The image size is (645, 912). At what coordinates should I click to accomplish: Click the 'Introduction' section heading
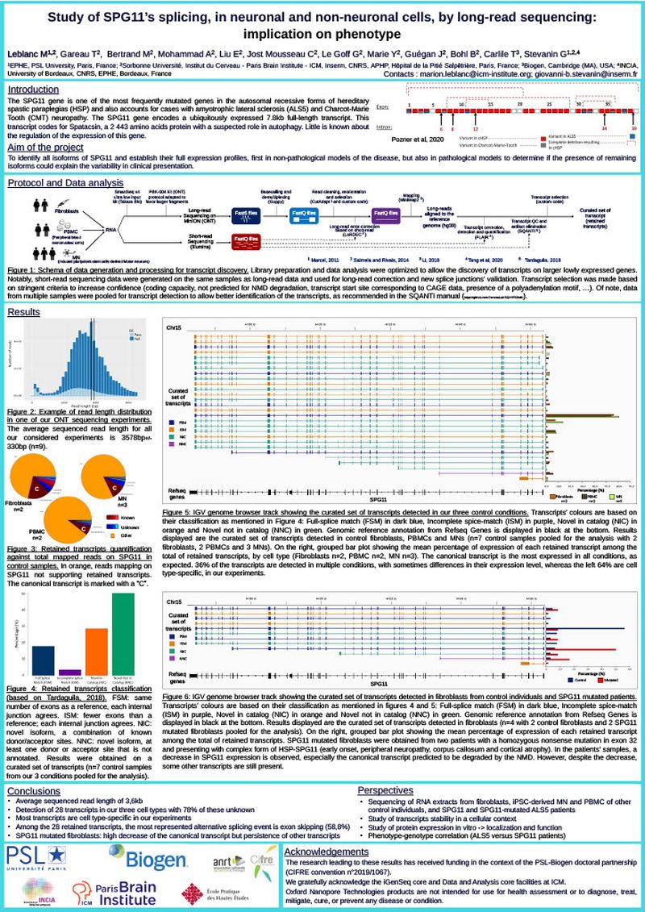coord(38,90)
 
